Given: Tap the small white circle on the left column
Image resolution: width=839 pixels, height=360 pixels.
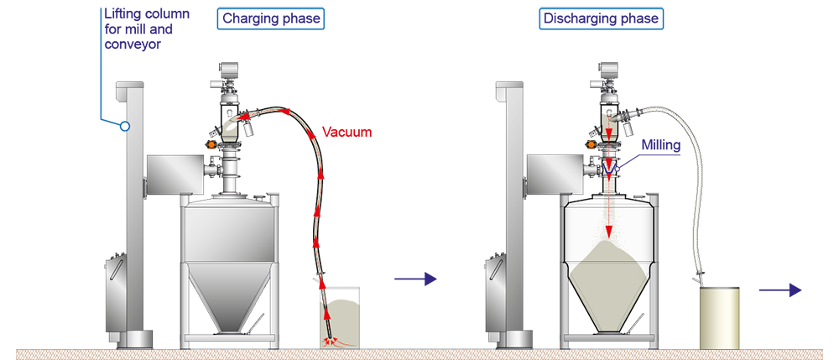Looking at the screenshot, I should coord(124,126).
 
